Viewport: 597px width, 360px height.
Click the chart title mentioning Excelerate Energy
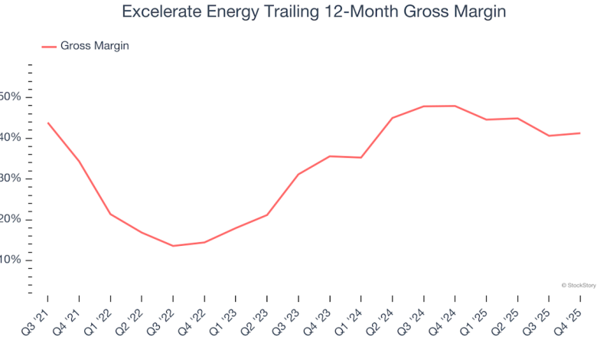314,13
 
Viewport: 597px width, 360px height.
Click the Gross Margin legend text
95,46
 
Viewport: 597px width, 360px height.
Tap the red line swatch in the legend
49,47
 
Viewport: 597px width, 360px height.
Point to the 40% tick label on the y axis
11,138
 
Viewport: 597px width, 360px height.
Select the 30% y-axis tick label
11,178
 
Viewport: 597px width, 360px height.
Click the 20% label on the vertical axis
11,220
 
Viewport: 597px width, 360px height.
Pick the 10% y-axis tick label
11,260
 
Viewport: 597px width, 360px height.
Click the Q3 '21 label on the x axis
36,319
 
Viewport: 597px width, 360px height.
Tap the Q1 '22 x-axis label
99,319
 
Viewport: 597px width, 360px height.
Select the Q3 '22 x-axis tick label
161,319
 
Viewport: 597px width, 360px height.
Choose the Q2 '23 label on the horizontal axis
256,319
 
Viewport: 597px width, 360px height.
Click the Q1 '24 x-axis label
350,319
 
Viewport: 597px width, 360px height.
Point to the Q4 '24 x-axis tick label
444,319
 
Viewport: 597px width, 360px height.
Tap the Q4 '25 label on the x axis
569,319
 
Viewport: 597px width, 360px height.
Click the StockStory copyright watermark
578,285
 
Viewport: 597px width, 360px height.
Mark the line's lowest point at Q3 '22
173,246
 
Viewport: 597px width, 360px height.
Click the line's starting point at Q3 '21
47,123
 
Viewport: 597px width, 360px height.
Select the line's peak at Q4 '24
455,106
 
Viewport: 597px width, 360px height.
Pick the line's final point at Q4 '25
579,133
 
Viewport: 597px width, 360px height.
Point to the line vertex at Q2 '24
392,118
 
